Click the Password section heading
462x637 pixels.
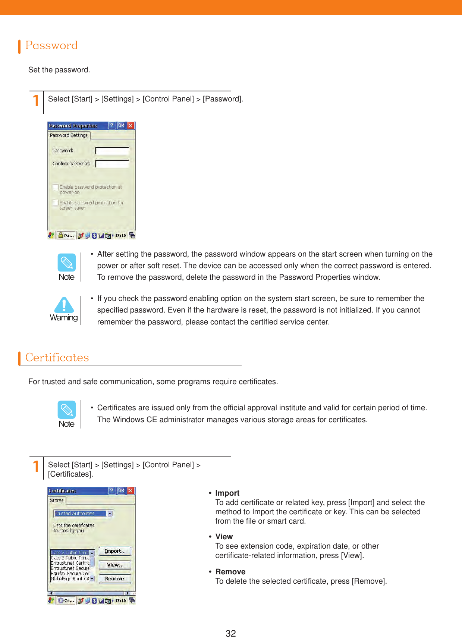51,45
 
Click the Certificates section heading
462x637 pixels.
57,357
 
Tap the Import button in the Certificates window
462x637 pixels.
114,551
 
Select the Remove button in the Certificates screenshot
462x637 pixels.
114,579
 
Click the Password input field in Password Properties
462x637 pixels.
112,151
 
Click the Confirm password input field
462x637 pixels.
112,164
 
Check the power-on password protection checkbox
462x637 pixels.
56,187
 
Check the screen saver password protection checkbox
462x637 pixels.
56,203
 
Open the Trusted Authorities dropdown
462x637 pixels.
110,514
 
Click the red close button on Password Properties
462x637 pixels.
131,126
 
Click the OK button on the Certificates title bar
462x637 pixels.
121,491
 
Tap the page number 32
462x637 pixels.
230,633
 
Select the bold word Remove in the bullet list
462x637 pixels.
230,572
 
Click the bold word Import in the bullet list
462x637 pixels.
227,493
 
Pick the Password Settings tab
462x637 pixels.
69,135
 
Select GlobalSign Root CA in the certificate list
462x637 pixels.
70,579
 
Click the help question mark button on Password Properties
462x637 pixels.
111,126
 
